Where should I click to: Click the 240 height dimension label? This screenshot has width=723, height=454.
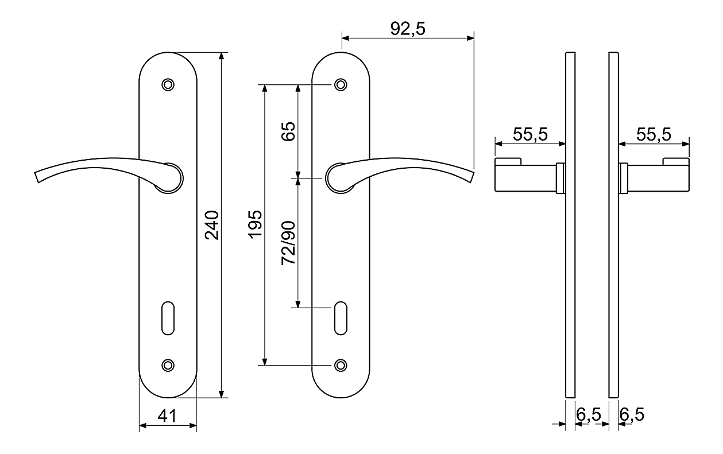pos(212,225)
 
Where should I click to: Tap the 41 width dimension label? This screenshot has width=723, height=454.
pos(167,416)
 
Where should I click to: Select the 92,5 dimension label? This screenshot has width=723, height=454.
pos(408,29)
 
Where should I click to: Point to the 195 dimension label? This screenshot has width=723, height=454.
pos(255,224)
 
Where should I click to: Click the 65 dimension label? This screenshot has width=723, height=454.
pos(288,131)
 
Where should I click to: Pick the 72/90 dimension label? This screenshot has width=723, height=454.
pos(288,243)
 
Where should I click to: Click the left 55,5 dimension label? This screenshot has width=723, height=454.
pos(530,134)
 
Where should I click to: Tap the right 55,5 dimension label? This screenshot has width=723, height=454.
pos(654,134)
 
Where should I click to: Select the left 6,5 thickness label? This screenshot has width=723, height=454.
pos(589,414)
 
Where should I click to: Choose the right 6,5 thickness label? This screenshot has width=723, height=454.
pos(632,414)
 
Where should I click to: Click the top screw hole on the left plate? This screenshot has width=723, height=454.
pos(168,85)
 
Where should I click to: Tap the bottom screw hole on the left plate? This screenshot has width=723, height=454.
pos(168,365)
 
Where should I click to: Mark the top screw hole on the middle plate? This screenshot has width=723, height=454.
pos(341,85)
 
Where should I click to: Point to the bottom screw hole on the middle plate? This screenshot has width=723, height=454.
pos(341,365)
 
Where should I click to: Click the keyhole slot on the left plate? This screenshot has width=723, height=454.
pos(168,318)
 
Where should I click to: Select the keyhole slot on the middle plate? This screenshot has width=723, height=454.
pos(341,318)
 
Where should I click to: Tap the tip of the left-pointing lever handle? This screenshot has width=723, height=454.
pos(37,177)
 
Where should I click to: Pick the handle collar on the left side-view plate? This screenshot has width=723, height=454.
pos(561,179)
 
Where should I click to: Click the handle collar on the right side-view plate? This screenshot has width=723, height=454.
pos(623,179)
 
